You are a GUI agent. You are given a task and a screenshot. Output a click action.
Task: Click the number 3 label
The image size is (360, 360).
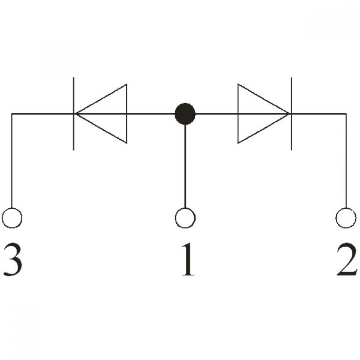coord(13,260)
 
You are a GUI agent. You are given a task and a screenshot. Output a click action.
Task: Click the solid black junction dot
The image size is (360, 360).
coord(185,114)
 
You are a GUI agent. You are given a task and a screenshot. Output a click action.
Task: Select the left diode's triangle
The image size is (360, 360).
coord(126,114)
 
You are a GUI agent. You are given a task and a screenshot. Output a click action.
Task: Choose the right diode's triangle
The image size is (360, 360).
coord(238,114)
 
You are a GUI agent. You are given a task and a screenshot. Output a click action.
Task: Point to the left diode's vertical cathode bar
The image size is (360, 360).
coord(73,114)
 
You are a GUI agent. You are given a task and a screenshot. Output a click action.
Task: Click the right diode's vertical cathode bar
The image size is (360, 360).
coord(292,114)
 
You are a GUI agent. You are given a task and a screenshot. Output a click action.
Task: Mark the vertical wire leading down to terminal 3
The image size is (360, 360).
coord(12,161)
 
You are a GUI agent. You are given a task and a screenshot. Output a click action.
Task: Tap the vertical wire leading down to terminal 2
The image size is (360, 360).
coord(346,161)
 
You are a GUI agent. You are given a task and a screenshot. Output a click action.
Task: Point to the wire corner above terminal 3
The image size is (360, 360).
coord(12,114)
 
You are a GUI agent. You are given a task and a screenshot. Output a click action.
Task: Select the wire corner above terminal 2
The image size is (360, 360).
coord(346,114)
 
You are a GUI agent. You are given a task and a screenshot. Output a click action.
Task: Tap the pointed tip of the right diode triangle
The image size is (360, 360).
coord(289,114)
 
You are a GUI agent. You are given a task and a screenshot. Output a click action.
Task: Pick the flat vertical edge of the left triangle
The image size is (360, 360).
coord(126,114)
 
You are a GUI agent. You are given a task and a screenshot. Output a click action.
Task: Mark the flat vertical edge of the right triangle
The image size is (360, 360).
coord(238,114)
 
